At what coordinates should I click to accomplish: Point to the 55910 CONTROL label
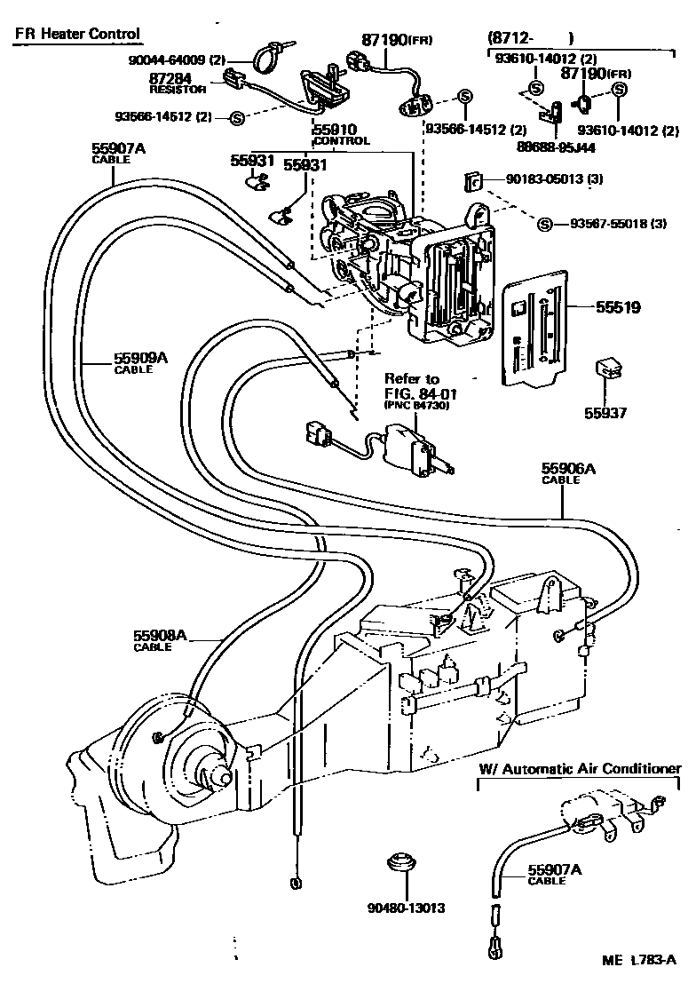pos(341,133)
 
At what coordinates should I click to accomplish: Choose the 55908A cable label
pos(160,639)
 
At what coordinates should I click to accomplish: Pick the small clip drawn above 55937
pos(607,369)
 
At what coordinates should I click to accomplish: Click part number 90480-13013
pos(405,908)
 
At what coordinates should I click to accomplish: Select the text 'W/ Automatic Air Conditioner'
pos(581,768)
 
